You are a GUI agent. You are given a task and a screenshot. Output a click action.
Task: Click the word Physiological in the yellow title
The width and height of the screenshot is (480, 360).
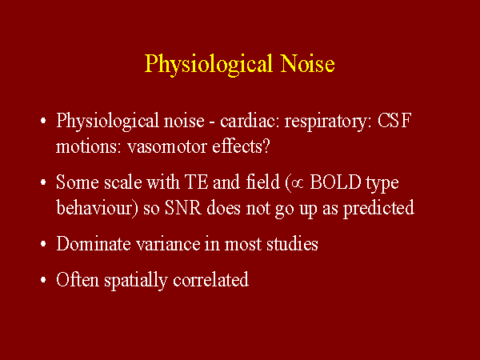pos(203,64)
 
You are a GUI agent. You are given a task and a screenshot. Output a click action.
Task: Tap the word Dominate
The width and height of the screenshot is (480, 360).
pos(90,244)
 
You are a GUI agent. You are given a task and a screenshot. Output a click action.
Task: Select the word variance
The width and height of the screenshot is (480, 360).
pos(158,244)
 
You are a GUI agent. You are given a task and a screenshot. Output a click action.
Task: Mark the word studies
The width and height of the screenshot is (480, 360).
pos(292,244)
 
